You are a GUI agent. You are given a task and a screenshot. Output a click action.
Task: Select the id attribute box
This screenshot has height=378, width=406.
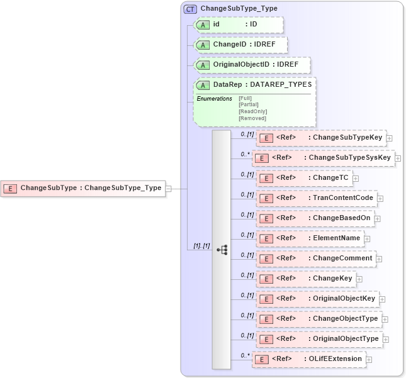[x=239, y=25]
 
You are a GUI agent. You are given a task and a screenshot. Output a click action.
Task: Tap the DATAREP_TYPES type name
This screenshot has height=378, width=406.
[x=281, y=84]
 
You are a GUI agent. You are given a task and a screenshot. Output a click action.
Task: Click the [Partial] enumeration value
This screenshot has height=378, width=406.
[x=249, y=104]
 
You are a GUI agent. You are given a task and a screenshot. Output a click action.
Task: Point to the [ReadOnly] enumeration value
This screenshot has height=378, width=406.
[x=252, y=111]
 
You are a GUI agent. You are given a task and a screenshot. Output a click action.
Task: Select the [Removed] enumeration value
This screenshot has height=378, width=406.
[x=252, y=118]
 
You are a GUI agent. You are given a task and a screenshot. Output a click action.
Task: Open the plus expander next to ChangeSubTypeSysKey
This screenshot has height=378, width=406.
[x=398, y=158]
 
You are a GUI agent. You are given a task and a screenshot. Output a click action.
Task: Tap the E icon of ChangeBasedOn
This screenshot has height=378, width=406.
[x=266, y=218]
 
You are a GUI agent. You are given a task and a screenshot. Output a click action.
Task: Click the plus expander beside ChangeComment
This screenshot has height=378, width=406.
[x=379, y=258]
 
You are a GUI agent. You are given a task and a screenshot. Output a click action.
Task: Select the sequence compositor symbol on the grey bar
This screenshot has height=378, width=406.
[x=222, y=250]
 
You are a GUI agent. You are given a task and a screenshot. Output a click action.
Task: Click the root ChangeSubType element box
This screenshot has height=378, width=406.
[x=82, y=187]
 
